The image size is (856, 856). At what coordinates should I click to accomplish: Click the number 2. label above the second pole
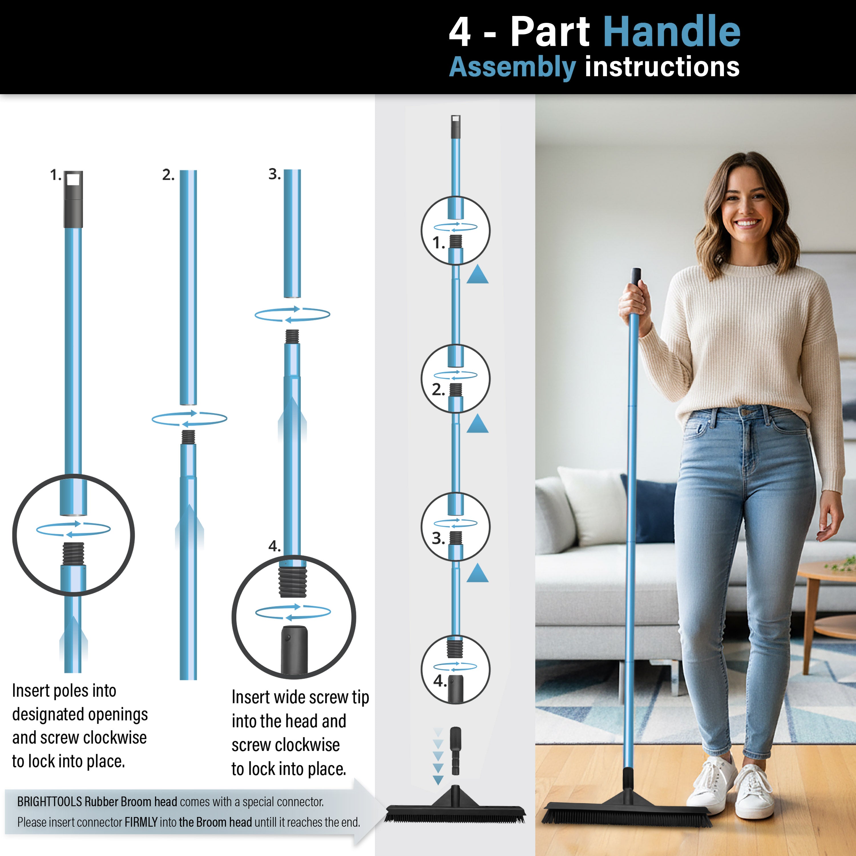(168, 175)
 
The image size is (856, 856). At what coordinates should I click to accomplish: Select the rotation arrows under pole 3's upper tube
(292, 314)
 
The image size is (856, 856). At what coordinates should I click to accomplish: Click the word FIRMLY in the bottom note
(141, 822)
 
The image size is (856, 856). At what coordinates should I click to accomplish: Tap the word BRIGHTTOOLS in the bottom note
(49, 802)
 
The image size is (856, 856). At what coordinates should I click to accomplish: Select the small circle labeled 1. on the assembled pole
(455, 230)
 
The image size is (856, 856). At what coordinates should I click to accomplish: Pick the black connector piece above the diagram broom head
(455, 750)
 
